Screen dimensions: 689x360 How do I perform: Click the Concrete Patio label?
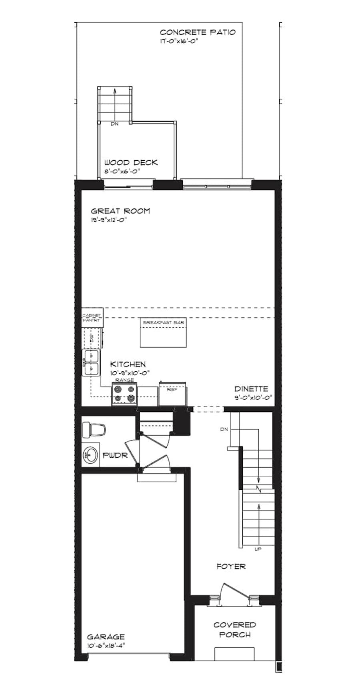coord(198,32)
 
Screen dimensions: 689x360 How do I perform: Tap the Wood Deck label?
coord(131,162)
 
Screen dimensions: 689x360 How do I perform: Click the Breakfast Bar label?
coord(164,322)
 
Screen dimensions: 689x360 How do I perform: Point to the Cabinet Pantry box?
coord(92,317)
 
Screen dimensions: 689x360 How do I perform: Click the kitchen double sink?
coord(91,363)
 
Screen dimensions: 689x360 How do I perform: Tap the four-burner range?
coord(124,393)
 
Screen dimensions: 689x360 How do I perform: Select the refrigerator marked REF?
coord(172,394)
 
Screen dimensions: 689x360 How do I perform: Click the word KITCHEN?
coord(128,364)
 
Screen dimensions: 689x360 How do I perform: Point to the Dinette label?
coord(251,389)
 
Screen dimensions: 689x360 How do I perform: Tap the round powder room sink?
coord(91,455)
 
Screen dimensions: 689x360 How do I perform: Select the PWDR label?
coord(115,455)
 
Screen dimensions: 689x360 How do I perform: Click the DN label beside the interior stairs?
coord(224,429)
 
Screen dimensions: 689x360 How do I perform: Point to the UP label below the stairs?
coord(258,549)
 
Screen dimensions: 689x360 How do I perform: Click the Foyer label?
coord(231,566)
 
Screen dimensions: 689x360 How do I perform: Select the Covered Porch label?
coord(235,629)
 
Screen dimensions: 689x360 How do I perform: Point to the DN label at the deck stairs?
coord(115,124)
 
